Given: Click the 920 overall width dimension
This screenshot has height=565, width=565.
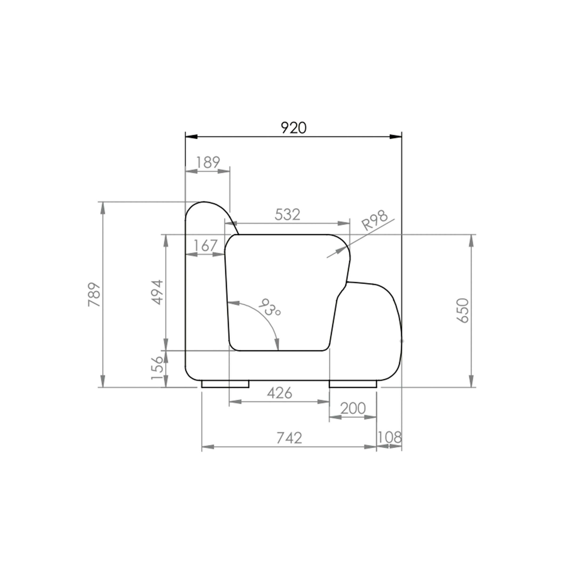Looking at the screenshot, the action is point(294,128).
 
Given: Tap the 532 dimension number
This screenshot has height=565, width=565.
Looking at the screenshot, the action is point(287,215).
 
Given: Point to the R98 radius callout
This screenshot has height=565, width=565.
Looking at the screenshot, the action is point(375,220).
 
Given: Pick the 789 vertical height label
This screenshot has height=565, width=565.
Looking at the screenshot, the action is point(94,294).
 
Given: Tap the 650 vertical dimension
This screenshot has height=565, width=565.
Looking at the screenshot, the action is point(463,311).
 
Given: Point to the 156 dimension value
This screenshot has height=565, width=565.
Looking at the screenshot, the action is point(157,368).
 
